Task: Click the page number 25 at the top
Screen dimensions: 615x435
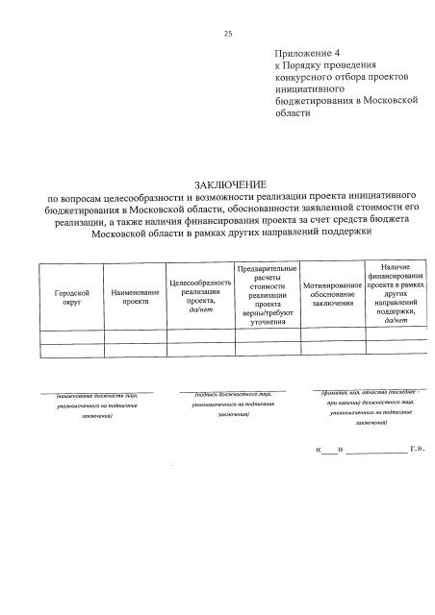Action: pos(228,34)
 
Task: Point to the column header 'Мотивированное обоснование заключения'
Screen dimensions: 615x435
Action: pos(332,295)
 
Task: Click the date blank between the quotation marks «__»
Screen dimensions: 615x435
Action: pos(329,450)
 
